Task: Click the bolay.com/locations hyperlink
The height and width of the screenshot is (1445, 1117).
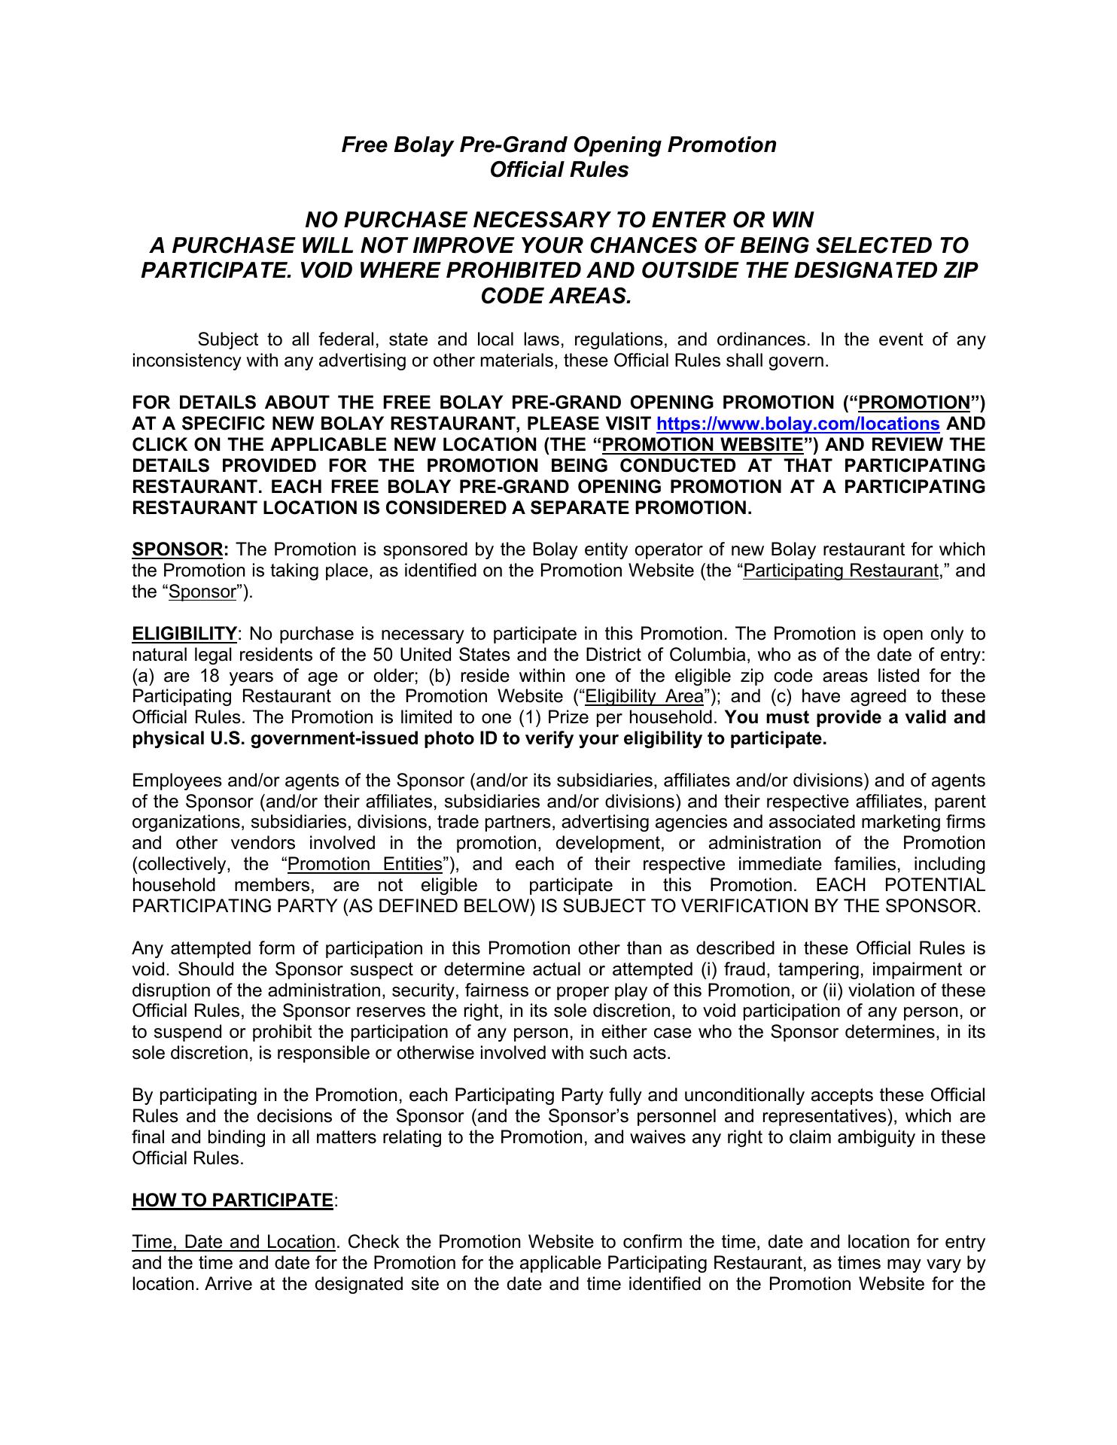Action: point(799,424)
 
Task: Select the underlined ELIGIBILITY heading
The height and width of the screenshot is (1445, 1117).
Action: point(184,634)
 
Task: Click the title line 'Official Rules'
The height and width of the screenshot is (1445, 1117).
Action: point(558,170)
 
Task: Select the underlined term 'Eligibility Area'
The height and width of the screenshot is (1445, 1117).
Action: point(644,697)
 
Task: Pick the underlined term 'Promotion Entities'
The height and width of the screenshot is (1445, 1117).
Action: point(365,864)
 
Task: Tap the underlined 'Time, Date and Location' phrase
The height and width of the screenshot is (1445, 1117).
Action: point(233,1243)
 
